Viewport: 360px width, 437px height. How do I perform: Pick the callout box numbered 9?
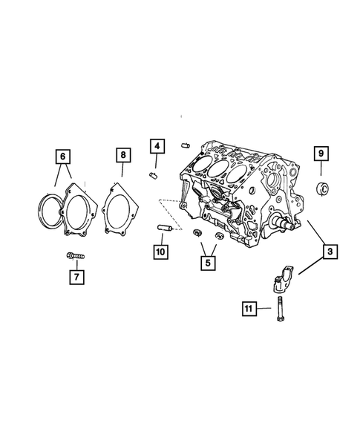(321, 154)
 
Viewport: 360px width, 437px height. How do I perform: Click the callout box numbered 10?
(160, 251)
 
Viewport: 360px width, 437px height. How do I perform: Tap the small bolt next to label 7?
(75, 257)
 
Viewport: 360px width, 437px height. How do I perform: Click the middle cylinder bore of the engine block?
(216, 169)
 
